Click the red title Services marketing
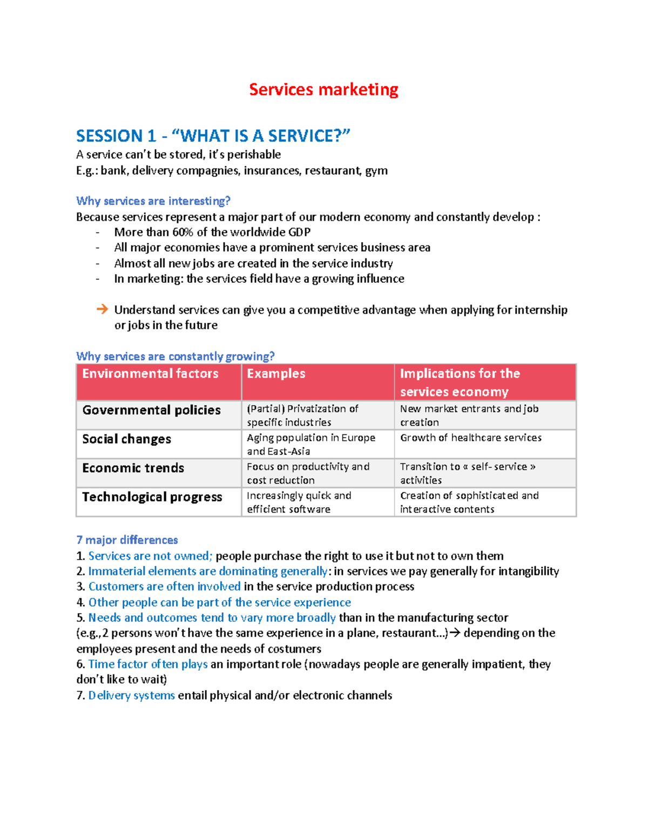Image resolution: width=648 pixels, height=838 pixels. point(323,90)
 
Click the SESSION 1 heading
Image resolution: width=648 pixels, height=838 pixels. point(213,135)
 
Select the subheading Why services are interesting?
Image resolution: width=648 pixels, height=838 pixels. point(153,201)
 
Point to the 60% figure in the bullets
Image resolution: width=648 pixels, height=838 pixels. point(183,232)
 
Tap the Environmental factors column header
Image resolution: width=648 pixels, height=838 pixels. point(150,373)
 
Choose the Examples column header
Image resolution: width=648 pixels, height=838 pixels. point(276,373)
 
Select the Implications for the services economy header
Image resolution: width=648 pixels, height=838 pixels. point(460,382)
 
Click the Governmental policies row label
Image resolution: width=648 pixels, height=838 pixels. point(151,410)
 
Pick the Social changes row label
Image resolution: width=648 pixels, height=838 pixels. point(126,439)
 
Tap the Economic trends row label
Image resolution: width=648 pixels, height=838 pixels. point(133,468)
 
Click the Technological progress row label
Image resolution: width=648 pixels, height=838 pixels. point(152,497)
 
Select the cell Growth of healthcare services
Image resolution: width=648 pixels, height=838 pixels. point(470,438)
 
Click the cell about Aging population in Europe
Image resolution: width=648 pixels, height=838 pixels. point(310,444)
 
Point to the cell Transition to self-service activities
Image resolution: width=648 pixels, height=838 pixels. point(467,473)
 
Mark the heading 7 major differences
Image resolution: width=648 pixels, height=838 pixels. point(127,540)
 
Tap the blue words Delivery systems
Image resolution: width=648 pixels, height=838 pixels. point(131,695)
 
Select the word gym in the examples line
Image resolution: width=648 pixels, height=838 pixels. point(376,171)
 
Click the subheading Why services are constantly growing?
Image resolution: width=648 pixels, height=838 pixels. point(175,356)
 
